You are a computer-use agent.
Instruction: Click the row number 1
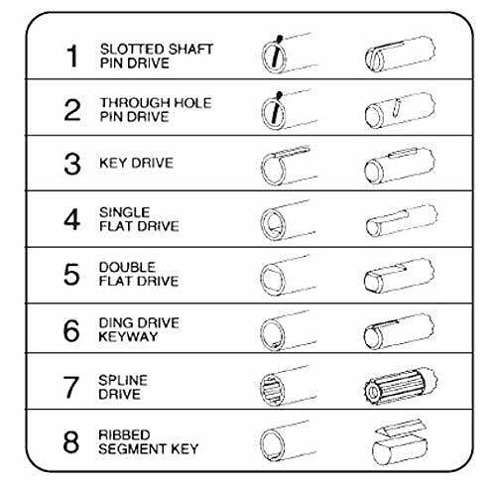72,57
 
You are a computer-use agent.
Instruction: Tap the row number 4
72,219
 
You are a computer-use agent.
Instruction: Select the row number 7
71,387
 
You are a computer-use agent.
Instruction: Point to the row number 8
71,441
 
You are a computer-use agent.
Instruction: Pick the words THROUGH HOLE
156,103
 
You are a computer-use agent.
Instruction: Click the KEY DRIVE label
136,163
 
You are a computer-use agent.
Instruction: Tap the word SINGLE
125,212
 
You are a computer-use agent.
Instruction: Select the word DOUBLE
127,267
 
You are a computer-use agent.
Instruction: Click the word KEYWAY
128,336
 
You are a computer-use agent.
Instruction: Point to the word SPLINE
123,380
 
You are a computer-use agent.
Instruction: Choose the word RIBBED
124,434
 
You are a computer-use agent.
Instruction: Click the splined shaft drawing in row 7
400,387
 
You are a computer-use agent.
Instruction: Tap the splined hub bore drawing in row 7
288,386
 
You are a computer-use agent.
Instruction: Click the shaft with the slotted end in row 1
400,54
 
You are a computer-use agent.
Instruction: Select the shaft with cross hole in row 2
400,110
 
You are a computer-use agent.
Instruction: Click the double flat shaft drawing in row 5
399,276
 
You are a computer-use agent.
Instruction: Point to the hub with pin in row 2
289,109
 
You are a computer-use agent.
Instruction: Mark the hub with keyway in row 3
289,165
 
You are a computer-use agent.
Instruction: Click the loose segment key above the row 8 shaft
400,429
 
